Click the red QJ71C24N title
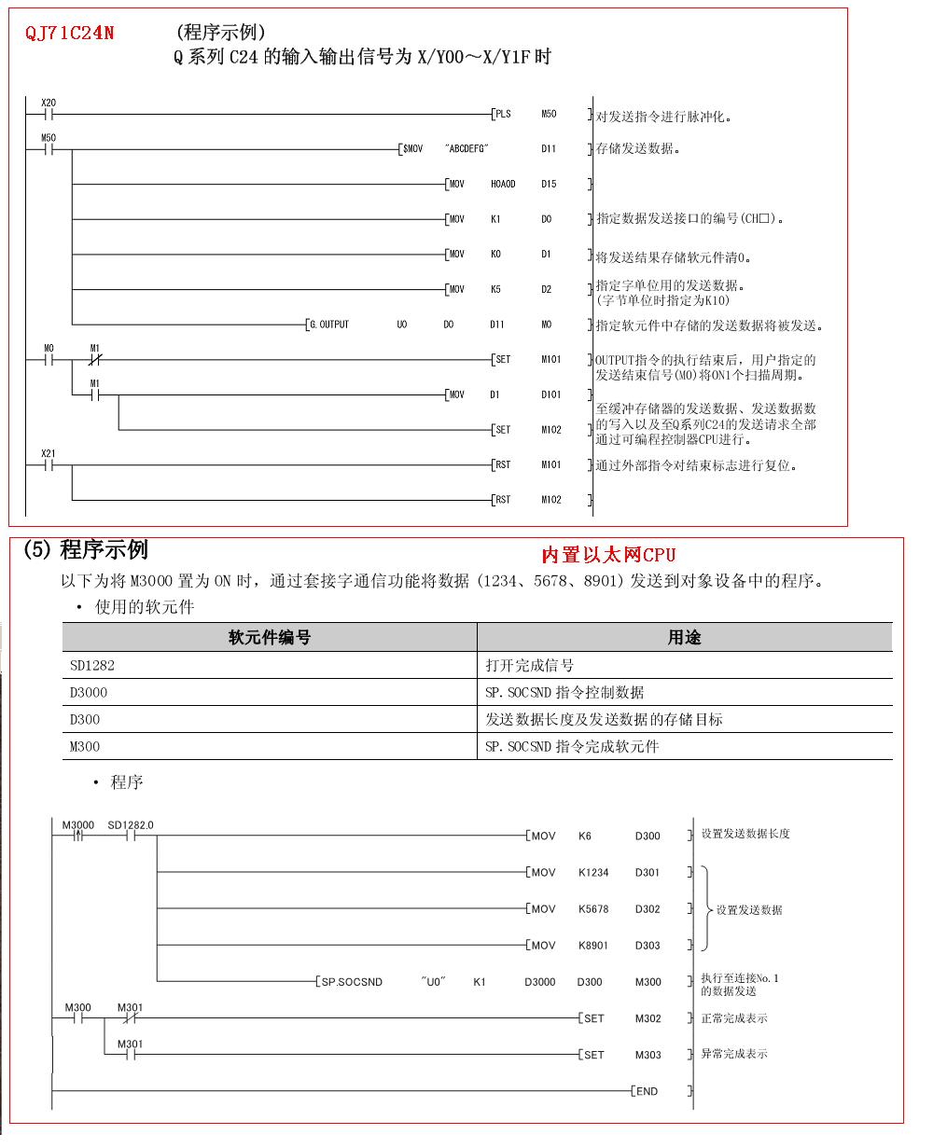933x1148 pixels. pos(70,34)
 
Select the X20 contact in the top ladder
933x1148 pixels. pos(49,114)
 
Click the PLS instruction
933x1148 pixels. pos(503,114)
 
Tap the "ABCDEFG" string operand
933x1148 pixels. pos(467,148)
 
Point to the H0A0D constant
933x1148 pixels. pos(503,184)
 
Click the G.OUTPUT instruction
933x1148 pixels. pos(328,325)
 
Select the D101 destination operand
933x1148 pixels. pos(551,394)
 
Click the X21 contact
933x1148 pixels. pos(49,463)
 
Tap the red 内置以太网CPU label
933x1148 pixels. pos(608,556)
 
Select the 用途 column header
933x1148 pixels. pos(684,638)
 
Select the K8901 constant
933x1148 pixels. pos(593,946)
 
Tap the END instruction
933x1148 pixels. pos(646,1091)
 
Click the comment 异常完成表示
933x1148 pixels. pos(734,1054)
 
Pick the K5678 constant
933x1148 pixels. pos(593,909)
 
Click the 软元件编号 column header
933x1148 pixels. pos(270,638)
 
